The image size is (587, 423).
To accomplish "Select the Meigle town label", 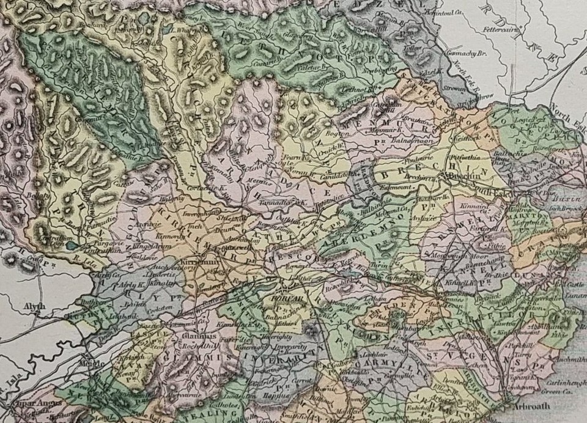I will [89, 361].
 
